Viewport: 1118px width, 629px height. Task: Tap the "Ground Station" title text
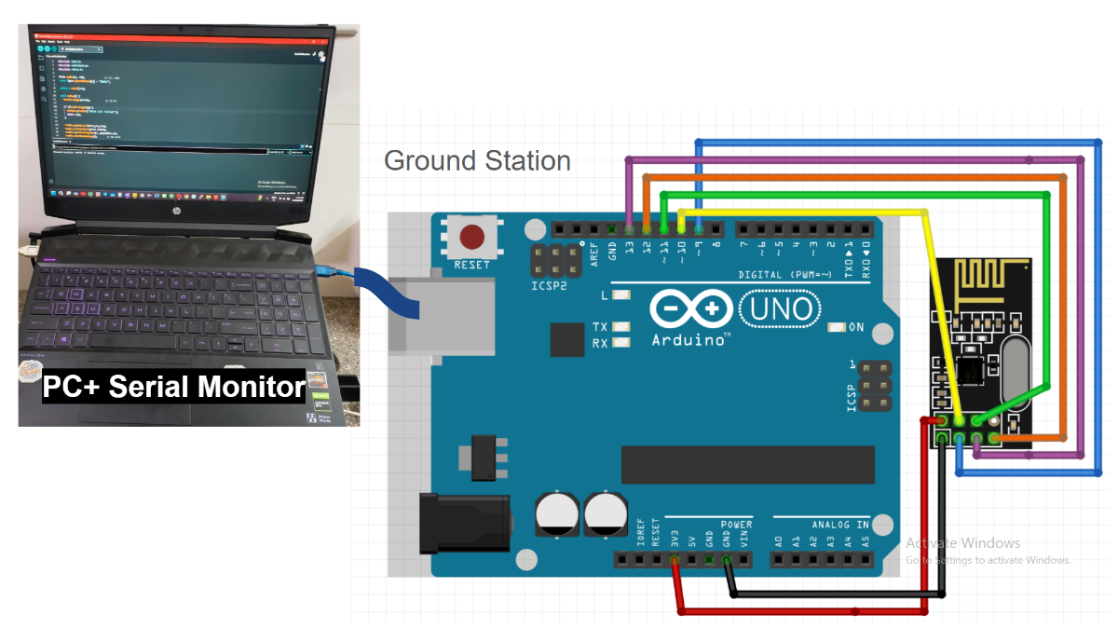477,160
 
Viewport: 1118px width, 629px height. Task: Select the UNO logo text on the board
781,308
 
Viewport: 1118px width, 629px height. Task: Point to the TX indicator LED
620,327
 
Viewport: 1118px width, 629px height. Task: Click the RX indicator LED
620,343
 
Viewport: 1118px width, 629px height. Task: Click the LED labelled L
620,295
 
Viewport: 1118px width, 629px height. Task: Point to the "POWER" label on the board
736,525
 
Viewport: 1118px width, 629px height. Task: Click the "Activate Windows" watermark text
963,543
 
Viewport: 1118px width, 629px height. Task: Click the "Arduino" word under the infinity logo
690,339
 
